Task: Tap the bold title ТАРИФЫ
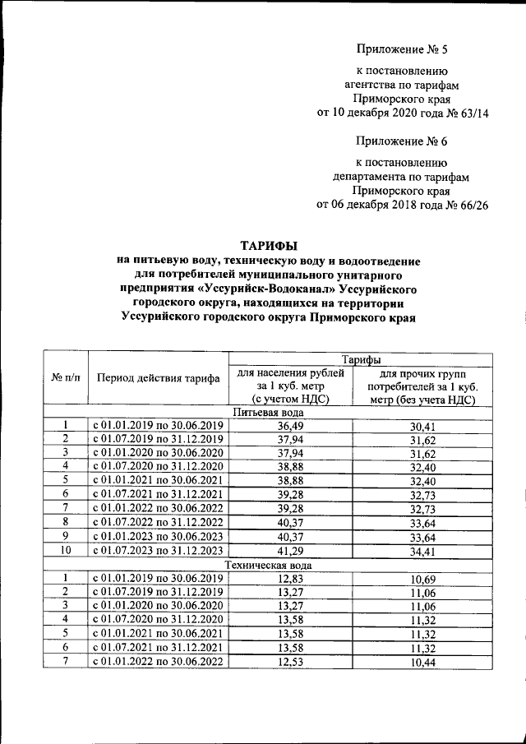268,245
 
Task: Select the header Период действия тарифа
158,378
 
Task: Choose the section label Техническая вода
268,566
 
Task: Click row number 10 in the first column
66,550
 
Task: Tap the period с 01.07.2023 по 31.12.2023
158,550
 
